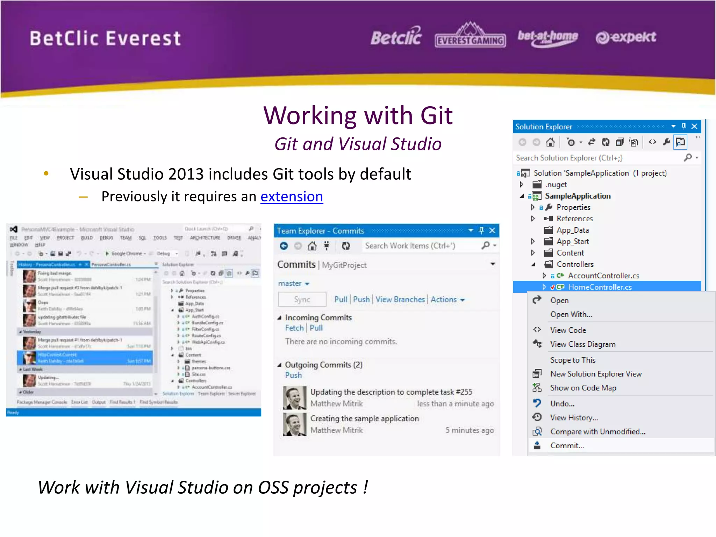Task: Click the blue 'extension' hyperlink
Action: pos(292,196)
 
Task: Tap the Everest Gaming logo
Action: pos(470,36)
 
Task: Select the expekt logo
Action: pos(626,37)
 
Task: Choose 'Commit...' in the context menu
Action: pos(567,445)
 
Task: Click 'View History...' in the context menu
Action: pos(574,417)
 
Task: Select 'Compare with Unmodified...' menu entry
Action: pos(597,431)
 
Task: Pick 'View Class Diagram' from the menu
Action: pos(582,344)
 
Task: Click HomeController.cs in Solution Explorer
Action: pos(600,287)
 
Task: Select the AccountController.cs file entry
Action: pos(603,275)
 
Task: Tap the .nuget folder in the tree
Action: pos(556,184)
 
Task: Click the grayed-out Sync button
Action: pos(302,300)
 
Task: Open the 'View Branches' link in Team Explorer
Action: pos(400,300)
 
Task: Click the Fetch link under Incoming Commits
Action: pos(294,328)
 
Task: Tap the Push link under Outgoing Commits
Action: pos(293,375)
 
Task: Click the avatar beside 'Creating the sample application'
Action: pos(294,424)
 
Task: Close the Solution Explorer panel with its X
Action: pos(694,126)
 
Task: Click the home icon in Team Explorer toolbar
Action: pos(312,246)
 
